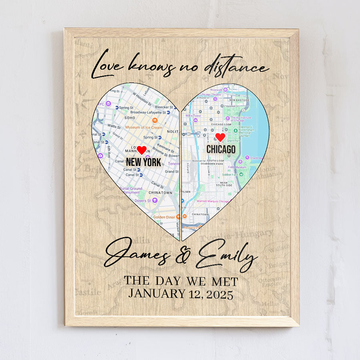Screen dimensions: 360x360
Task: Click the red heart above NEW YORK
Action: pyautogui.click(x=142, y=150)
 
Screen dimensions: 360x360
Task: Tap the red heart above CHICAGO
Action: pyautogui.click(x=220, y=137)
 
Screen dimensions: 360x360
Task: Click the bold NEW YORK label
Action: pyautogui.click(x=143, y=162)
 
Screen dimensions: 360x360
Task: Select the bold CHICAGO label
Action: pyautogui.click(x=221, y=149)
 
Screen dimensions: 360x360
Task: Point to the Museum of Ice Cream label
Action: pyautogui.click(x=144, y=127)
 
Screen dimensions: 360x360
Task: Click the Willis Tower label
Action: pyautogui.click(x=194, y=115)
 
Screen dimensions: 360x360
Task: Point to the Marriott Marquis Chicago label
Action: pyautogui.click(x=213, y=201)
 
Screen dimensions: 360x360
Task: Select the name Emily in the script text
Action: pyautogui.click(x=226, y=255)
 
